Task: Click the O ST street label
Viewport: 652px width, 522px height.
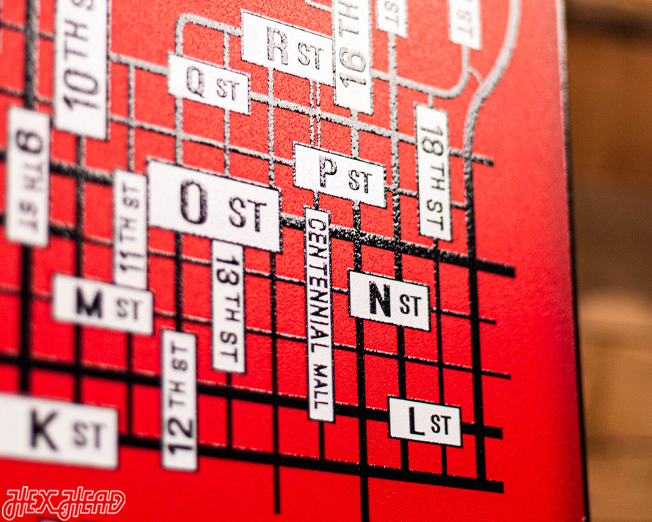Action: pyautogui.click(x=214, y=206)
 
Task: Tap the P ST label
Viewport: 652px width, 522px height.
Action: pyautogui.click(x=340, y=175)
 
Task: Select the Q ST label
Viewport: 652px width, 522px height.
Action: pyautogui.click(x=209, y=84)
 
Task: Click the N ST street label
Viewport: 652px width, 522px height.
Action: pyautogui.click(x=389, y=300)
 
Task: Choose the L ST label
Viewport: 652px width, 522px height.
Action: pyautogui.click(x=425, y=422)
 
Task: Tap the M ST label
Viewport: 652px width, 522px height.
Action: pyautogui.click(x=103, y=304)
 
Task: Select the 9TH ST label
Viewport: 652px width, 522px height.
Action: pyautogui.click(x=28, y=176)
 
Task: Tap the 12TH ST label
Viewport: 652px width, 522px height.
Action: pyautogui.click(x=180, y=400)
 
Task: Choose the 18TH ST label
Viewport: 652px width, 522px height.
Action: pyautogui.click(x=433, y=173)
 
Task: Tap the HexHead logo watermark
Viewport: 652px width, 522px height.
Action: pyautogui.click(x=65, y=503)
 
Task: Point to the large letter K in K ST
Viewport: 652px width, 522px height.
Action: pyautogui.click(x=44, y=430)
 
